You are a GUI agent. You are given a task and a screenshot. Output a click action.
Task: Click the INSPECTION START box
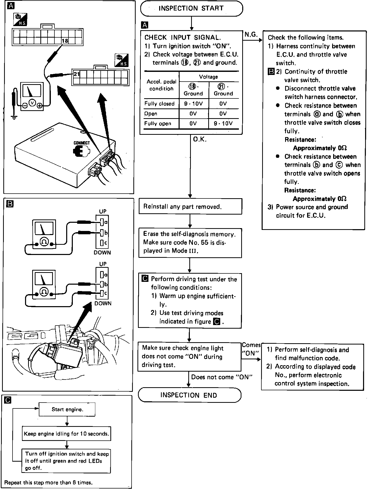191,8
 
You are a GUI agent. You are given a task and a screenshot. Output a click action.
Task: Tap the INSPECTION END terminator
189,395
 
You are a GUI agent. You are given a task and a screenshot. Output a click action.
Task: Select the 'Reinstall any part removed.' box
190,206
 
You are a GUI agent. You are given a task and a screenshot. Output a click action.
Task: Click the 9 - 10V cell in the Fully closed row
193,104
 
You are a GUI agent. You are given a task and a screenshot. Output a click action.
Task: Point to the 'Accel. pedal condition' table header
161,85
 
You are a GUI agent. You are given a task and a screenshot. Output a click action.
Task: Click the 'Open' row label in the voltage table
151,114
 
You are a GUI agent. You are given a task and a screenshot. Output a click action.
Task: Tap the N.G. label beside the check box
251,35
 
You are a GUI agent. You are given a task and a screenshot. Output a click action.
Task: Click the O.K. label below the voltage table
200,139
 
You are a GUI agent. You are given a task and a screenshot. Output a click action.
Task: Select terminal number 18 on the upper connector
65,41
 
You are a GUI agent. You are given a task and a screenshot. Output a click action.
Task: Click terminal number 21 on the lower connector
77,74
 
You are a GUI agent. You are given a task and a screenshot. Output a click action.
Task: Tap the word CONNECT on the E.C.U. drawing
82,143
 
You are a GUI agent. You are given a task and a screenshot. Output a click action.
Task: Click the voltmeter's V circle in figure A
32,103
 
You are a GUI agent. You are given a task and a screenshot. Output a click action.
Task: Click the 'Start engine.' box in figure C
67,409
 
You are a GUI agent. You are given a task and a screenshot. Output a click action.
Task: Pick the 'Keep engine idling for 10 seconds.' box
66,434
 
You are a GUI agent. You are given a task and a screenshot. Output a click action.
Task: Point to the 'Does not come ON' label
222,377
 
